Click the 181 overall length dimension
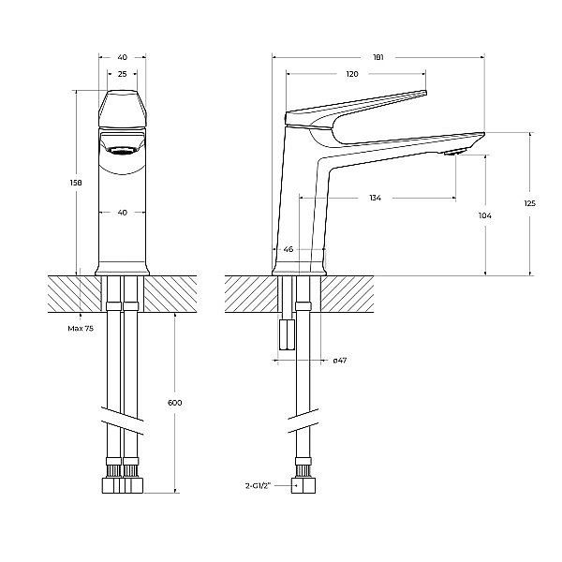coord(377,57)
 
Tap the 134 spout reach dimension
coord(375,198)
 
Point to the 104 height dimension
coord(484,216)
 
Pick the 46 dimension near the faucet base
coord(288,250)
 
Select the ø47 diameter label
coord(340,361)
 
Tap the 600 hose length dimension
coord(174,402)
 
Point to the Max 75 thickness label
coord(81,329)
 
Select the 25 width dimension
coord(122,73)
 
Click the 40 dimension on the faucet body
coord(122,213)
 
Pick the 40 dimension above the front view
coord(122,57)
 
